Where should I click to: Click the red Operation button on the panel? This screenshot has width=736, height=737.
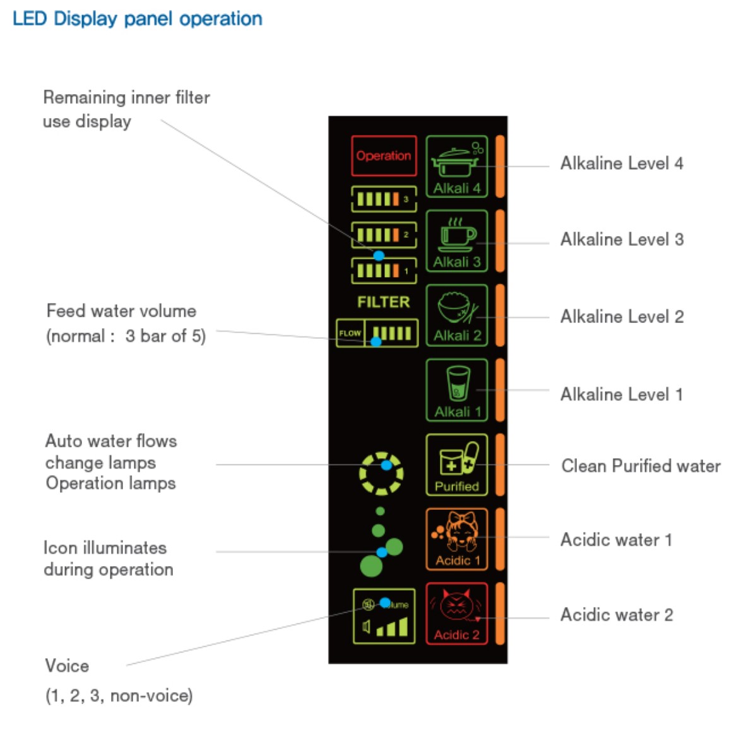click(384, 156)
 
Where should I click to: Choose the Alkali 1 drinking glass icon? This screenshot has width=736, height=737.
click(456, 390)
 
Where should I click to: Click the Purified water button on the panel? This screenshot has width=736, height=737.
click(456, 464)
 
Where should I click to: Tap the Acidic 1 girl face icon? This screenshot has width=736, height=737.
click(456, 539)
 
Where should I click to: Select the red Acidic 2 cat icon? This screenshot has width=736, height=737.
click(456, 613)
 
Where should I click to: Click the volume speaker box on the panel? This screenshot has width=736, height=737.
click(384, 616)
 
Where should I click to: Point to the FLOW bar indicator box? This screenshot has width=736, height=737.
click(377, 333)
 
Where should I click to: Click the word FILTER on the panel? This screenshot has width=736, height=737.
click(383, 302)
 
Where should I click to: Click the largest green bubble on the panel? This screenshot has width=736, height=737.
click(371, 565)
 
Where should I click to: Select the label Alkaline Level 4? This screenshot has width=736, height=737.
click(621, 163)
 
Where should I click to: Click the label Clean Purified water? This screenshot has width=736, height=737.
click(641, 466)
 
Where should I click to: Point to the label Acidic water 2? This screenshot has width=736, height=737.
click(616, 615)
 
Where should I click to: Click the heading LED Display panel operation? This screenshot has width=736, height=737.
click(137, 18)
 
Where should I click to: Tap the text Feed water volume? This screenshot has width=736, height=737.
click(121, 311)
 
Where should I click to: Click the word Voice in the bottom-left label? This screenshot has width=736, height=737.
click(67, 666)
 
